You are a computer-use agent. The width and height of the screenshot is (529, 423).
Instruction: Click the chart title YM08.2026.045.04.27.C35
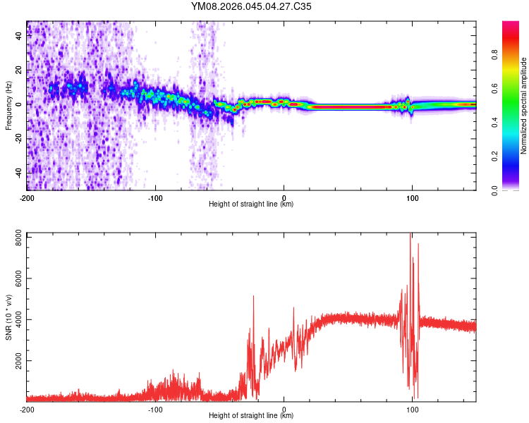click(x=251, y=7)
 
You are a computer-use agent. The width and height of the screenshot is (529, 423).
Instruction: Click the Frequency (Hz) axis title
click(x=8, y=106)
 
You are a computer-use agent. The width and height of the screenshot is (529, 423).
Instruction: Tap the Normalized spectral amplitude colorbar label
click(x=524, y=106)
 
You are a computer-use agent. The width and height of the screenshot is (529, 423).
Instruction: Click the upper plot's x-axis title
click(x=251, y=204)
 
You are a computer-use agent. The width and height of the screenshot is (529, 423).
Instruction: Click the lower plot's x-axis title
click(x=251, y=416)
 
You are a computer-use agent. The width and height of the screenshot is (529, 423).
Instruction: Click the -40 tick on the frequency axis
click(x=19, y=173)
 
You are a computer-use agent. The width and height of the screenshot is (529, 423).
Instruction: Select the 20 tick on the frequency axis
click(x=19, y=70)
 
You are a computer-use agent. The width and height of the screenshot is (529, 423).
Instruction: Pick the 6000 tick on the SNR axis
click(x=19, y=279)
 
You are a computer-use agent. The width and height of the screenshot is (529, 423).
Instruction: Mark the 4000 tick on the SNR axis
click(x=19, y=320)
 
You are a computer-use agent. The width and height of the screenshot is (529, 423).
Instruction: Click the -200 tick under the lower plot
click(x=27, y=409)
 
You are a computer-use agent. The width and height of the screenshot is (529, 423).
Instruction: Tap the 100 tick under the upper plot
click(x=412, y=197)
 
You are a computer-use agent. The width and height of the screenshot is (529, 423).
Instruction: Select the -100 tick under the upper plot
click(x=155, y=197)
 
